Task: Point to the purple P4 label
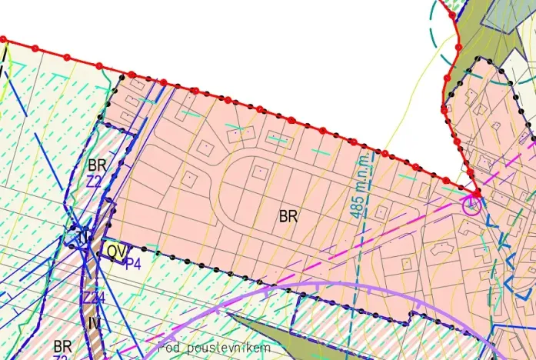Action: click(133, 263)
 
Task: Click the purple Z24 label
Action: click(93, 298)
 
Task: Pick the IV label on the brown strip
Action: click(95, 322)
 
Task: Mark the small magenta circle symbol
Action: click(471, 204)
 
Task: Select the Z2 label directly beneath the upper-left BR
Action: click(94, 182)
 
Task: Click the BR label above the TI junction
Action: click(97, 165)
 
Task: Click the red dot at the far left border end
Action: click(3, 38)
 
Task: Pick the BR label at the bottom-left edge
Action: click(62, 344)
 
